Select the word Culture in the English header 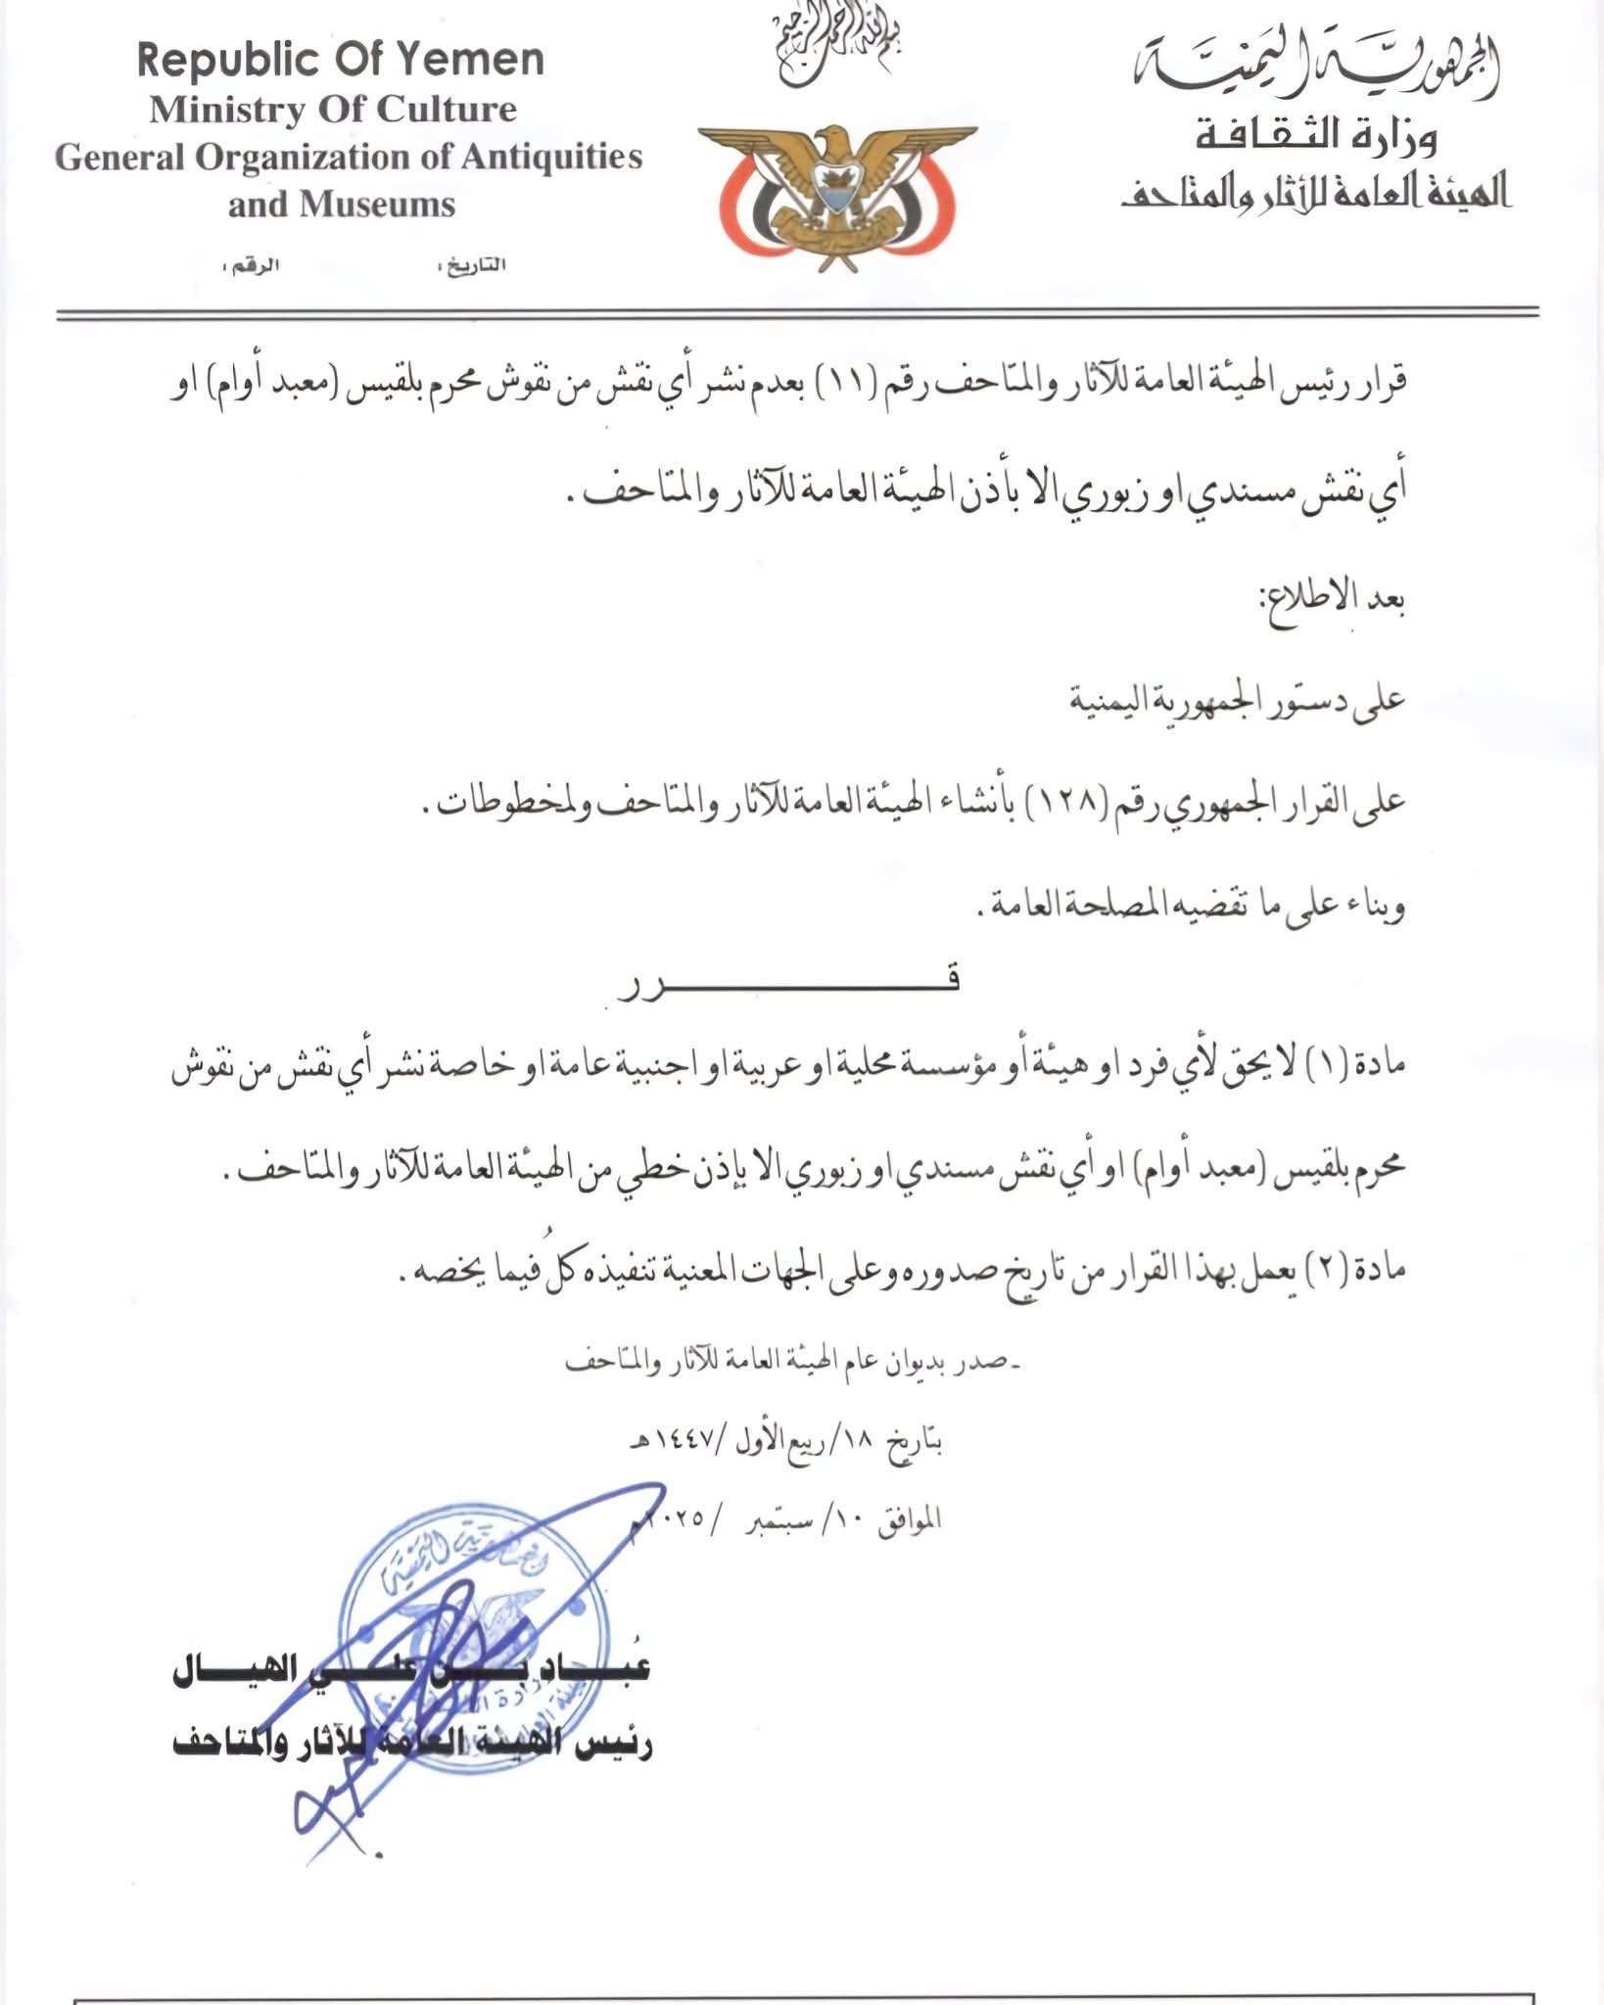[447, 110]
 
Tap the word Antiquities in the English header [551, 158]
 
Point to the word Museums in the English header [378, 205]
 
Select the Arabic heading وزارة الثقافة [1316, 137]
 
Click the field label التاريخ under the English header [477, 265]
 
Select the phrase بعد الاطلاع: [1332, 599]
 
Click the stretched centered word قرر [788, 983]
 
